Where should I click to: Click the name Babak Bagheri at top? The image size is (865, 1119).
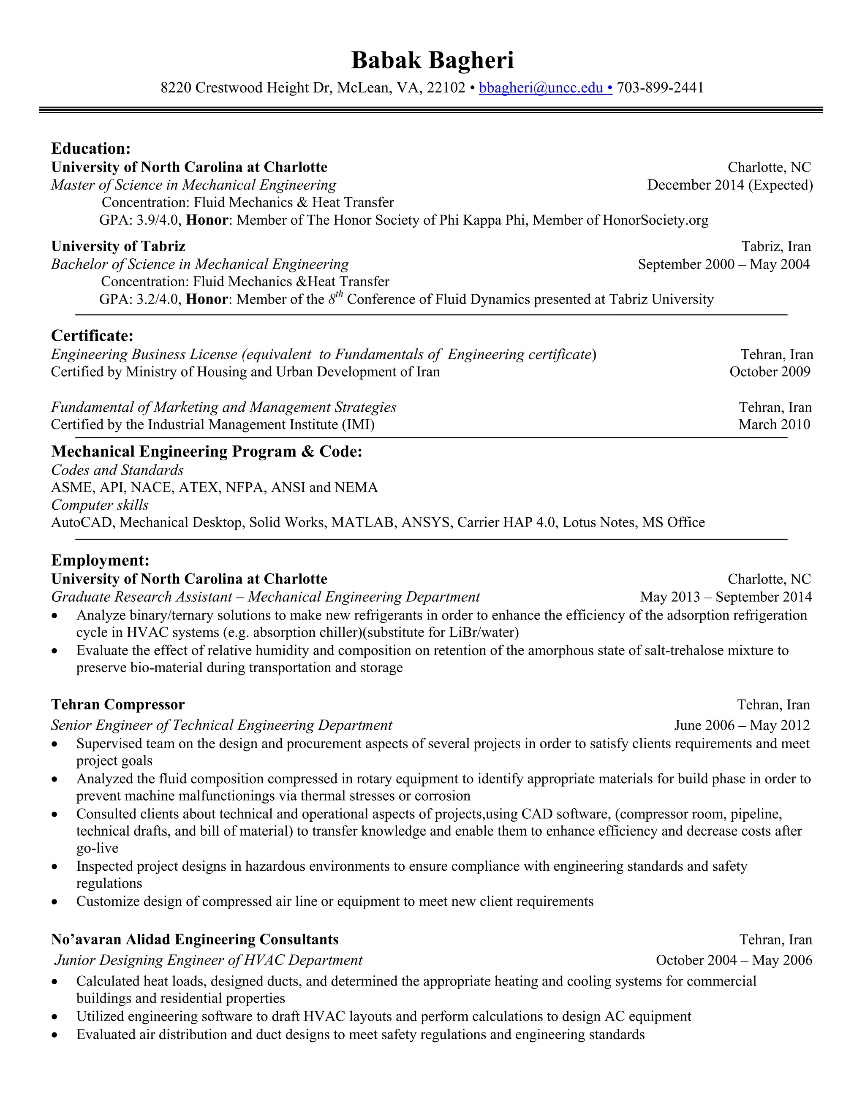(x=432, y=60)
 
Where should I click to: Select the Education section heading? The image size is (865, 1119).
(x=91, y=149)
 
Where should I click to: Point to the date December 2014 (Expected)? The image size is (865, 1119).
(x=730, y=185)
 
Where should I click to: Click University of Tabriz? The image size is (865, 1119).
(x=118, y=247)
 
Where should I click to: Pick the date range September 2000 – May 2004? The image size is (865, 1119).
(x=724, y=264)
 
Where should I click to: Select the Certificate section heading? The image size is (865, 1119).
(x=92, y=336)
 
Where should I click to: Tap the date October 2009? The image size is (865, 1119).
(x=770, y=372)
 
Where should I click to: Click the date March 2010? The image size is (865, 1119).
(x=774, y=425)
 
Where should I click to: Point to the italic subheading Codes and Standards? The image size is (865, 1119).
(x=117, y=470)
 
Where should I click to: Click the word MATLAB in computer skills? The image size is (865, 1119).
(x=363, y=523)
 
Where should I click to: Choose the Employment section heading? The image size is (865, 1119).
(x=100, y=560)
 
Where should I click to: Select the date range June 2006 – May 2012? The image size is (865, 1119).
(x=742, y=725)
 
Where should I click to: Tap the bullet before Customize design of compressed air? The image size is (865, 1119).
(x=55, y=902)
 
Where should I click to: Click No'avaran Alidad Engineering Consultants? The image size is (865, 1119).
(x=195, y=940)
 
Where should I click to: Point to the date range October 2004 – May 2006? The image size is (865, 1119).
(x=734, y=960)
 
